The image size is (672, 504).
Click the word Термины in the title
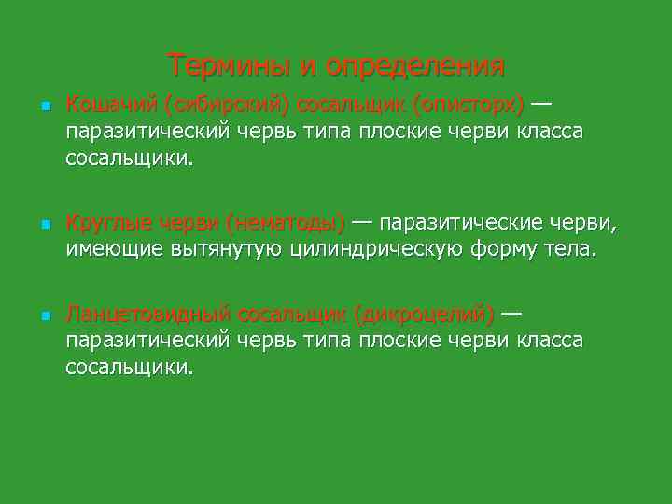click(230, 66)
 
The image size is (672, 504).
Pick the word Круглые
click(102, 224)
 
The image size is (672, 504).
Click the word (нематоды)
click(286, 224)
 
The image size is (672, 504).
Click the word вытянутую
click(227, 250)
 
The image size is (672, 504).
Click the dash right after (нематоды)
click(362, 224)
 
